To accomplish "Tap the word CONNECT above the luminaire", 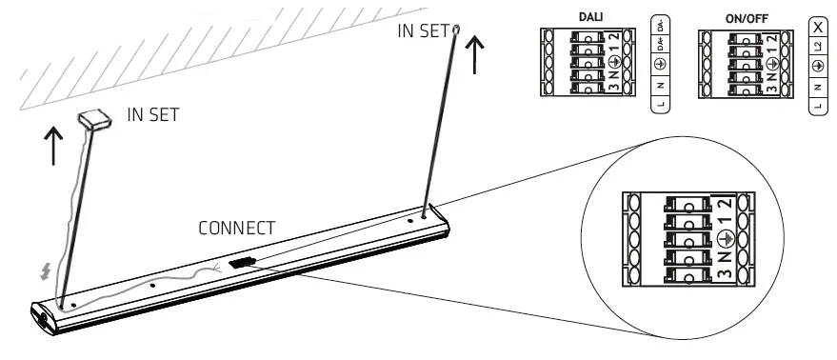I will pyautogui.click(x=236, y=230).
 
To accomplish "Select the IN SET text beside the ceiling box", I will pyautogui.click(x=153, y=115).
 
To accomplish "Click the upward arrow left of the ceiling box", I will pyautogui.click(x=54, y=145).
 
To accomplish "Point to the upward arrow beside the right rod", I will pyautogui.click(x=473, y=56).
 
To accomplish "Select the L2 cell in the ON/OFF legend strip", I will pyautogui.click(x=818, y=45).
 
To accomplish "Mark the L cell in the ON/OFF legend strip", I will pyautogui.click(x=818, y=105).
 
